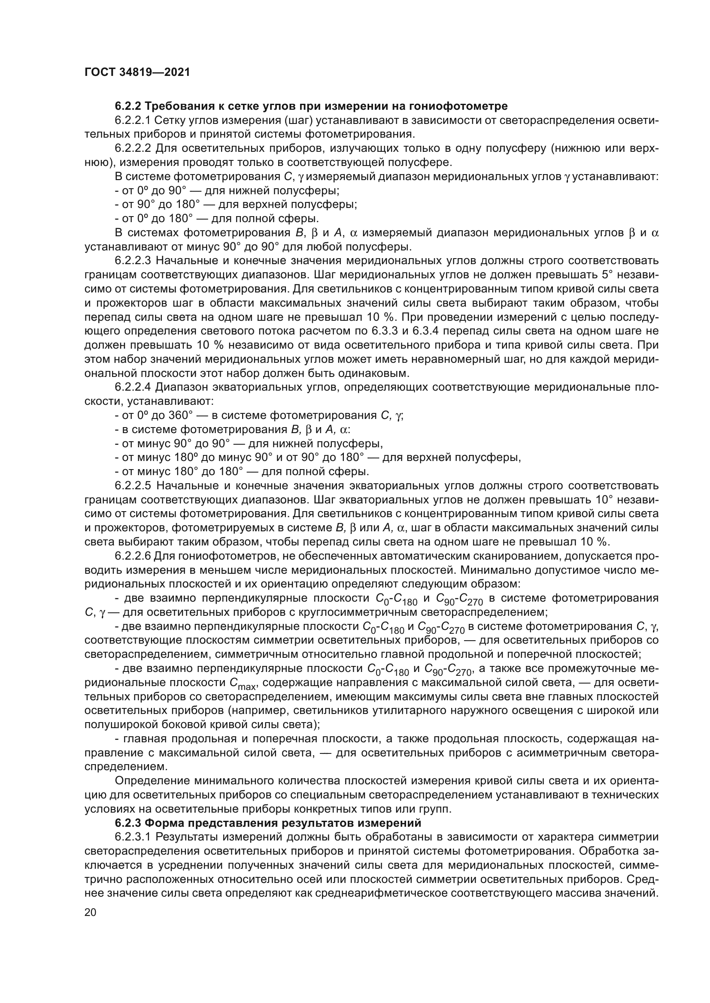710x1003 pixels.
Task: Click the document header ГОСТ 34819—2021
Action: tap(137, 72)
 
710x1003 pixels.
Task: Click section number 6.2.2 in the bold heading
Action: tap(127, 106)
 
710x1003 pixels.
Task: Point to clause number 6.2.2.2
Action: tap(133, 148)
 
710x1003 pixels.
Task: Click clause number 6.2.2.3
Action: tap(133, 261)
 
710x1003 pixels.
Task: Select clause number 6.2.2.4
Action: tap(133, 387)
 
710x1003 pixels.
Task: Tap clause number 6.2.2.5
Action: tap(133, 486)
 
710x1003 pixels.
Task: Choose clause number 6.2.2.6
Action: tap(133, 556)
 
